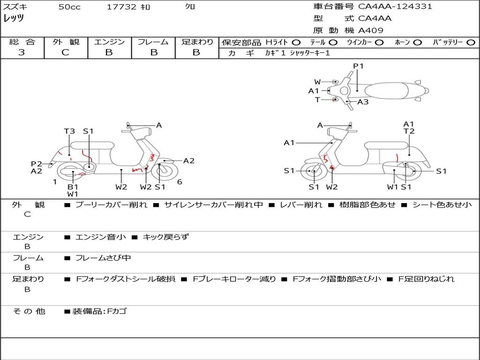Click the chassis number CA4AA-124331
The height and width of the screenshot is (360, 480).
tap(395, 7)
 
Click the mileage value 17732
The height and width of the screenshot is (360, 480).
tap(121, 7)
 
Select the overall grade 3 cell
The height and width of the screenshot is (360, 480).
tap(22, 52)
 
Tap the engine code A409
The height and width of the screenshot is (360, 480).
tap(371, 30)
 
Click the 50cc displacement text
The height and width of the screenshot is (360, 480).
tap(69, 7)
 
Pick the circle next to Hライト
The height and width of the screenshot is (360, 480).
tap(296, 42)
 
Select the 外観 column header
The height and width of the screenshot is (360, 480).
tap(66, 42)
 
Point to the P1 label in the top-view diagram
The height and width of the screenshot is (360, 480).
tap(358, 66)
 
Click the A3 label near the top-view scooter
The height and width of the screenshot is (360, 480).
tap(363, 102)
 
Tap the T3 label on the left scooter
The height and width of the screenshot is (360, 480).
tap(69, 131)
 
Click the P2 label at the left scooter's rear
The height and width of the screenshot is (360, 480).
tap(37, 164)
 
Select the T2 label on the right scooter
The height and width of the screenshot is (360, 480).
tap(409, 131)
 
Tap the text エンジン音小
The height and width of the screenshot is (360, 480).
tap(101, 237)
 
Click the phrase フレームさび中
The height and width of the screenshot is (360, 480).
tap(103, 258)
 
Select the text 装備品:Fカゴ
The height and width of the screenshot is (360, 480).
tap(99, 311)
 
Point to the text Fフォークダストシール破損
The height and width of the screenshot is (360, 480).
tap(126, 279)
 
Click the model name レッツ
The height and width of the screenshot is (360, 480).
tap(14, 18)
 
